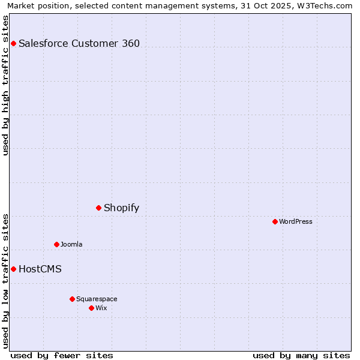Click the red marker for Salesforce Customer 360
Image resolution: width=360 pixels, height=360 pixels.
[x=13, y=43]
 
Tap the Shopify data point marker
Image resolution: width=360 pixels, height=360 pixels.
[x=99, y=208]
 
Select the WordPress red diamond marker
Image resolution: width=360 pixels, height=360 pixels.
[x=275, y=221]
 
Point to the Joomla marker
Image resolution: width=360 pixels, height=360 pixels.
[x=57, y=244]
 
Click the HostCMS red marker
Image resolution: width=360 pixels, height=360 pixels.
[x=13, y=269]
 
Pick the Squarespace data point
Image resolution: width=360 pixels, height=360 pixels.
[x=72, y=299]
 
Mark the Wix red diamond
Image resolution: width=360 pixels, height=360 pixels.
[x=91, y=308]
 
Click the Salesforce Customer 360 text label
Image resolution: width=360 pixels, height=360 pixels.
[x=79, y=43]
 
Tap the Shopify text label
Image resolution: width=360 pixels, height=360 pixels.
[x=121, y=208]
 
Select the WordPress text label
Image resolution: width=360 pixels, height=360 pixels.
[x=296, y=221]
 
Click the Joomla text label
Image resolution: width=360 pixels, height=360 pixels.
[x=71, y=244]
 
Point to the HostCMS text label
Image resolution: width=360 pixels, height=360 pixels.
[x=40, y=269]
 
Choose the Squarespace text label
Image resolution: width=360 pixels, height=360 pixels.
[x=97, y=299]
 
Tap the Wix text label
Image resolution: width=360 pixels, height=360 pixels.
[x=101, y=308]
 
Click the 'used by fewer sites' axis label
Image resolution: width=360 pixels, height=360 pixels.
[x=62, y=355]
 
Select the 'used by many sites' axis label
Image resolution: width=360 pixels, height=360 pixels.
[x=301, y=355]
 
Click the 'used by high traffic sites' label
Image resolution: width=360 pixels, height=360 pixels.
[x=5, y=85]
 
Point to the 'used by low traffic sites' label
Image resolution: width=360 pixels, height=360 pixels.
[x=5, y=280]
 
